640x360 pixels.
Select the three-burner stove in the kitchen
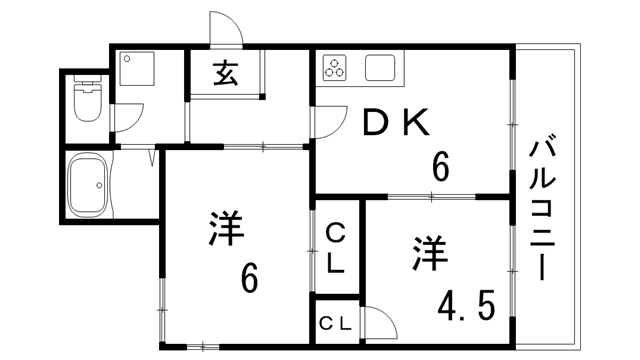pos(333,70)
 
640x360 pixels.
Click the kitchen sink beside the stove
pos(381,70)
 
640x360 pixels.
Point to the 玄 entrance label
pos(224,76)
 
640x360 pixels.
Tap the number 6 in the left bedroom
pos(250,277)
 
